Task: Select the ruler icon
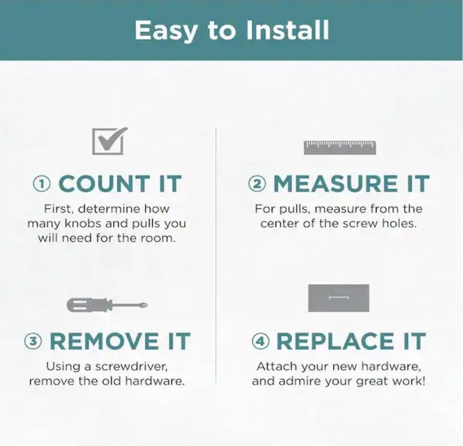point(340,148)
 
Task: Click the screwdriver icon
point(107,305)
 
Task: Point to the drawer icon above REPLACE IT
point(339,298)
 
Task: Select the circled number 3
point(33,341)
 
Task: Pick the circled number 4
point(261,341)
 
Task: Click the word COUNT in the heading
point(104,184)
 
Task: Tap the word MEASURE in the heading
point(336,184)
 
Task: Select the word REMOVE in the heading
point(104,341)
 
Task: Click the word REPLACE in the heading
point(335,341)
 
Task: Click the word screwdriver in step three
point(132,367)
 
